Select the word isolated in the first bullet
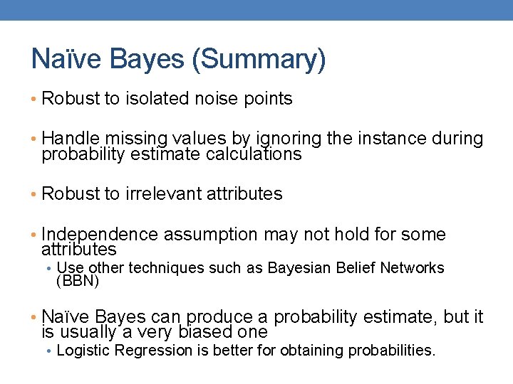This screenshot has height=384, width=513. (157, 99)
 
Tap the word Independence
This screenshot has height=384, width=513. (99, 234)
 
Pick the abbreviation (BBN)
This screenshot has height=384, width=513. (77, 282)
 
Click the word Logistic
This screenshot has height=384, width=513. (83, 351)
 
